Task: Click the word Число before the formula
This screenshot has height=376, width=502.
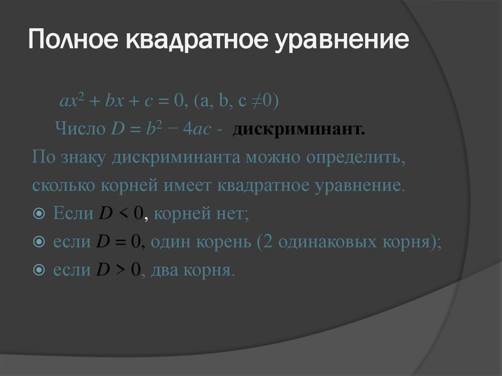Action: pos(80,130)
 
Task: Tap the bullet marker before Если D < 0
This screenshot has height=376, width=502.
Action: pos(40,215)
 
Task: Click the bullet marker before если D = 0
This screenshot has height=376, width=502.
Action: pos(40,243)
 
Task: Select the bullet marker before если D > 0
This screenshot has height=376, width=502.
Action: pos(40,271)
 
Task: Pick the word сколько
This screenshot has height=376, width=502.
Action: pos(65,187)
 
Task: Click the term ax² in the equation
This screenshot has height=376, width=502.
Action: pos(70,101)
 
